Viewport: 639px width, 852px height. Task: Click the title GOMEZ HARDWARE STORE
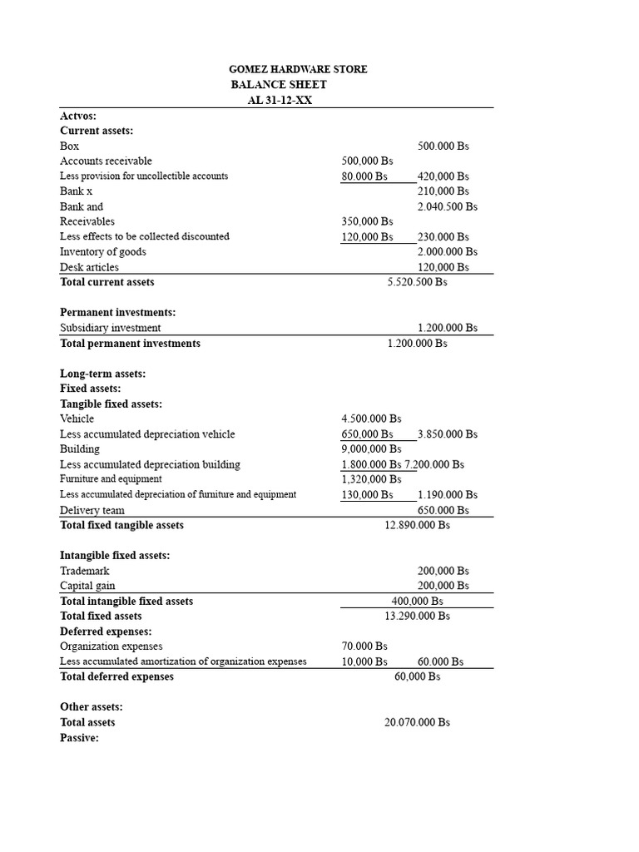pos(298,69)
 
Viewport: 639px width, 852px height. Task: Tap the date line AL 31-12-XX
pos(279,100)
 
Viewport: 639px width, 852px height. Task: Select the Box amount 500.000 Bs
pos(443,146)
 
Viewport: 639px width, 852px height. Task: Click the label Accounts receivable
pos(106,161)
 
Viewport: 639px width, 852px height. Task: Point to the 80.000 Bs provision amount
pos(364,176)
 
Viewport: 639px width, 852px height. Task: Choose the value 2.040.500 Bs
pos(448,206)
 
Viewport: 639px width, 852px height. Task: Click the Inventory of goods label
pos(102,251)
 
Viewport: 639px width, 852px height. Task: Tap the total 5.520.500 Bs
pos(417,282)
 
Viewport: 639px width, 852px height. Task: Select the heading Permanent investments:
pos(117,312)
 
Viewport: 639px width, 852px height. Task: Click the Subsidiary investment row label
pos(111,328)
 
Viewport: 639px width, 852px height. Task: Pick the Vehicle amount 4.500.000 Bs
pos(371,419)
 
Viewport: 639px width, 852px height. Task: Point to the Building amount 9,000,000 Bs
pos(371,448)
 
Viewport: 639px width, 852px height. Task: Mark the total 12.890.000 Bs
pos(417,525)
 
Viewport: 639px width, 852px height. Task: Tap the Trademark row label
pos(84,571)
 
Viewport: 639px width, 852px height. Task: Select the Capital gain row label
pos(87,586)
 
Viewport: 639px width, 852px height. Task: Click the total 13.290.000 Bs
pos(417,616)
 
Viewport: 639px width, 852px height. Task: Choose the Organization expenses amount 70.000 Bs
pos(364,646)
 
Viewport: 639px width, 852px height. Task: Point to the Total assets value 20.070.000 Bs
pos(417,722)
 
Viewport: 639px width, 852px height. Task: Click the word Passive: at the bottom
pos(79,737)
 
